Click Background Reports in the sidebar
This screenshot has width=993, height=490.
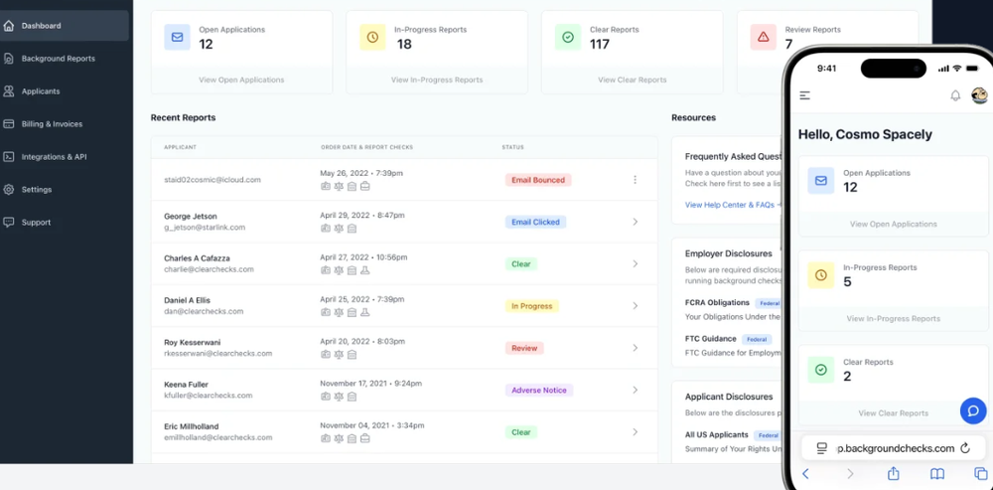pos(59,59)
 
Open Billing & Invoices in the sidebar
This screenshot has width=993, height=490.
pos(52,124)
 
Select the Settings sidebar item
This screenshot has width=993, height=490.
pos(37,190)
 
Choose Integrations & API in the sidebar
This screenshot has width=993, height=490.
pos(54,157)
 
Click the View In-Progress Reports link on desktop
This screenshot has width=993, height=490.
pos(437,80)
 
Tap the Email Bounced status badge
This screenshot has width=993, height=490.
pos(537,180)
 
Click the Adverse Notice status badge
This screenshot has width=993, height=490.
pos(538,391)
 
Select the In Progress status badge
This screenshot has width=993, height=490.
pos(531,306)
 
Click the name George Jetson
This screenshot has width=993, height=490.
pos(191,216)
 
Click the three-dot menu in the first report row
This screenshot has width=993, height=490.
pos(635,180)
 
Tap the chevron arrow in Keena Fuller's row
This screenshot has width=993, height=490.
pos(635,391)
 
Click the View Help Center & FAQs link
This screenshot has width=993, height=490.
pos(730,205)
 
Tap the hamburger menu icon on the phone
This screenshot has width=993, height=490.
pos(805,95)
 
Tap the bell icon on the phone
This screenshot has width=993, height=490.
pos(955,95)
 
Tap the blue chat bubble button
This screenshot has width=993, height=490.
pos(973,410)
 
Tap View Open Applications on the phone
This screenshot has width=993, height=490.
pos(893,225)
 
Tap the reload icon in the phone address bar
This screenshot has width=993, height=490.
pos(965,448)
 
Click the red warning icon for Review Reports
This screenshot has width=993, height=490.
pos(763,38)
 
